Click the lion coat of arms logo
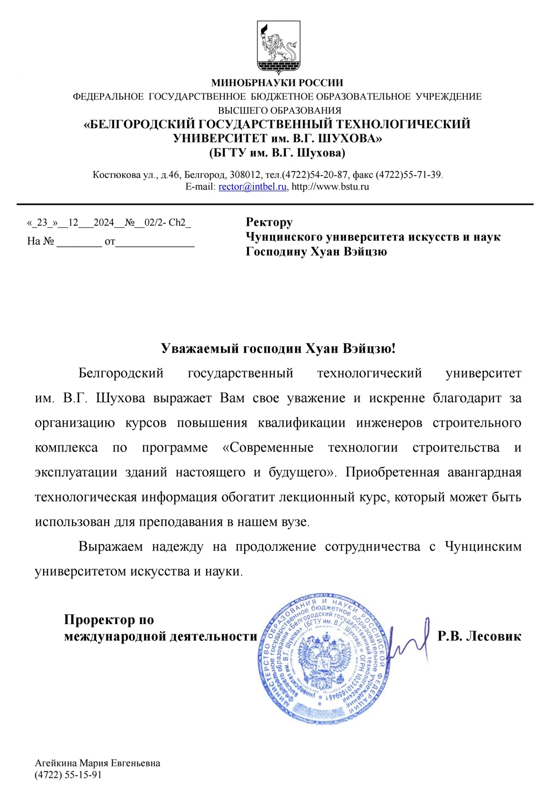[278, 47]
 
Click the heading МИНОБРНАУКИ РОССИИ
[277, 83]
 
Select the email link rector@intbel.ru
[252, 187]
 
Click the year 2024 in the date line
[103, 223]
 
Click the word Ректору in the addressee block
[269, 222]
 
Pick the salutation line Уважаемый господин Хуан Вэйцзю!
[278, 348]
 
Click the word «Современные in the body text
[267, 448]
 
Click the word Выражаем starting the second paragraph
[110, 547]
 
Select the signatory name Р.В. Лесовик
[479, 636]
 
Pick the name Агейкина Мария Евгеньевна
[97, 763]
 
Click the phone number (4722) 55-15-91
[68, 775]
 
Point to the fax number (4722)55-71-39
[408, 175]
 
